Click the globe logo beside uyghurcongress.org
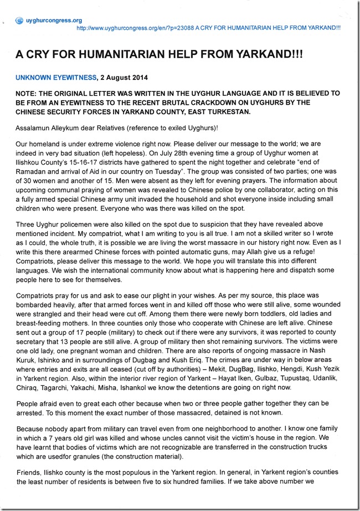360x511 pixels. coord(20,21)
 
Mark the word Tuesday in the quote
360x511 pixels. coord(162,168)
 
